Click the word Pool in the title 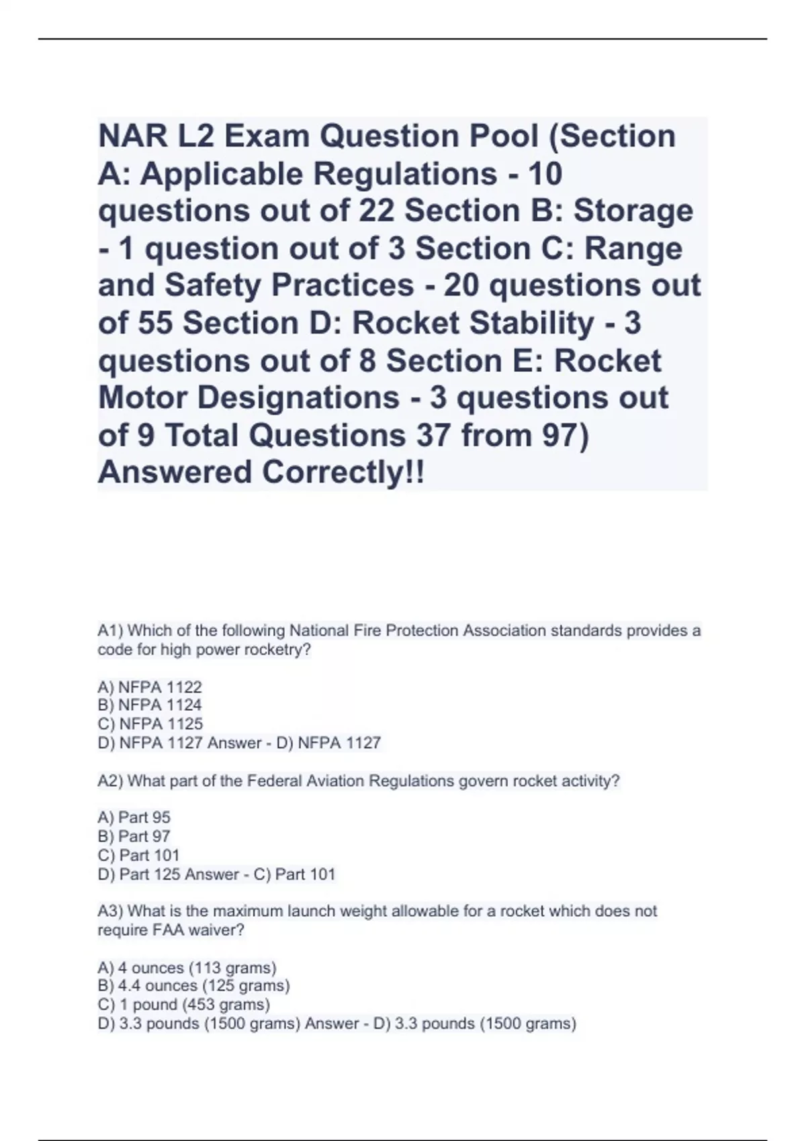point(498,137)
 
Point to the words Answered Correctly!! point(261,473)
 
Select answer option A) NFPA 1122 point(150,687)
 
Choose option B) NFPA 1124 point(150,705)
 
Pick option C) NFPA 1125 point(150,724)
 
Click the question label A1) point(110,631)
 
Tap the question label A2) point(110,781)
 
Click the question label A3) point(110,911)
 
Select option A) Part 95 point(134,817)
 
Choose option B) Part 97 point(134,836)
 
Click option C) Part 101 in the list point(139,855)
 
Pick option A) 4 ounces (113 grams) point(187,968)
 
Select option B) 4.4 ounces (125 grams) point(194,986)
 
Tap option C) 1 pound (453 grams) point(184,1005)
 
